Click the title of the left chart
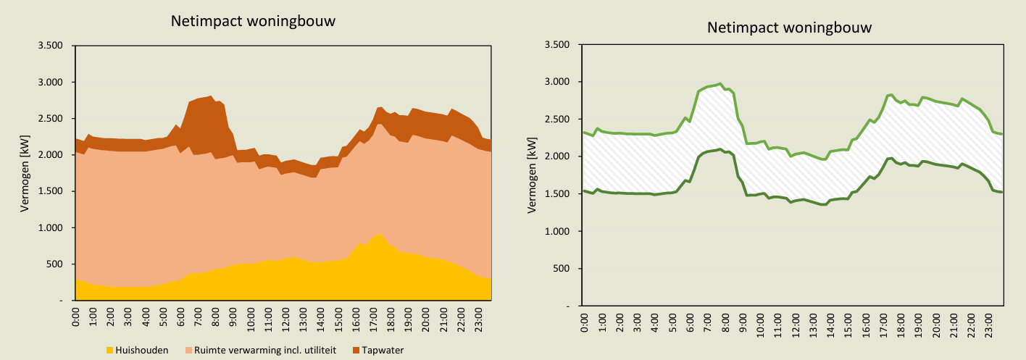click(x=253, y=21)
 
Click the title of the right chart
click(x=789, y=28)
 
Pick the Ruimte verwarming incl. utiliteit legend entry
click(x=262, y=351)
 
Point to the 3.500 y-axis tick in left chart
click(x=50, y=46)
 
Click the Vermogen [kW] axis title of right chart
click(x=533, y=176)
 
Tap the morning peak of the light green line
click(x=720, y=84)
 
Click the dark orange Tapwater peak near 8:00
click(x=210, y=96)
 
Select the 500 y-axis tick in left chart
click(x=55, y=264)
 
